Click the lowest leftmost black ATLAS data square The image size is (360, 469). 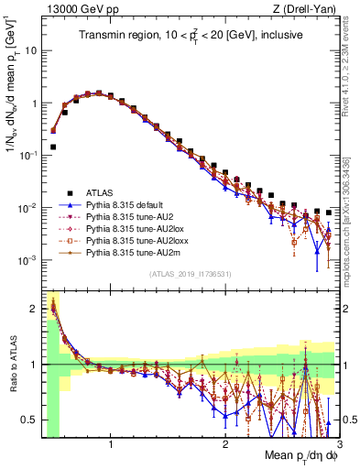click(53, 147)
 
